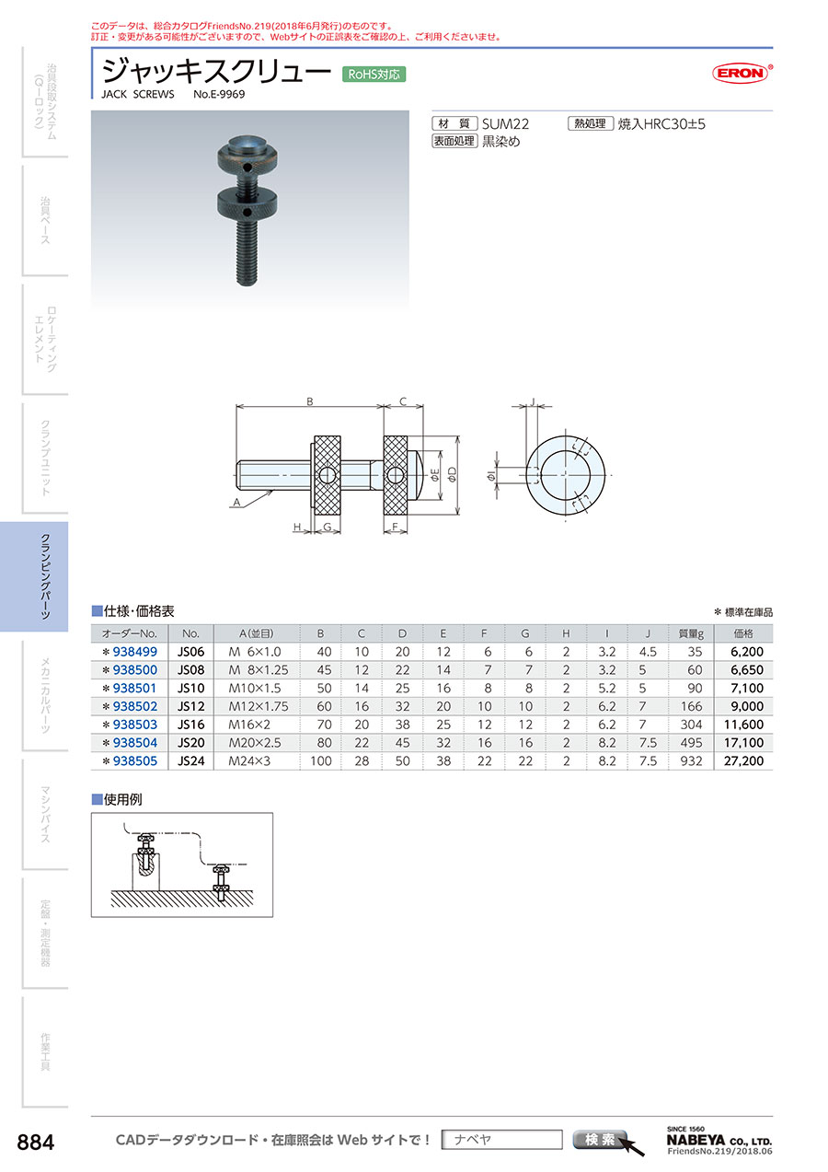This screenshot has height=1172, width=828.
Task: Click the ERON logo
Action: pos(742,74)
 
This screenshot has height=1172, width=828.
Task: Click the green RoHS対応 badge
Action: pos(374,75)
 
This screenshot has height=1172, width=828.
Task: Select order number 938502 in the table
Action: pos(135,706)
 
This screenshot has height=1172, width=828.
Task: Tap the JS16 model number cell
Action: pos(190,725)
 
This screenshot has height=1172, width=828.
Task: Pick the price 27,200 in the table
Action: pos(743,760)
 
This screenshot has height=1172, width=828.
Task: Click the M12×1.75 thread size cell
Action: pos(259,706)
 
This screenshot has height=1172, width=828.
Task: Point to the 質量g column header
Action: pos(691,633)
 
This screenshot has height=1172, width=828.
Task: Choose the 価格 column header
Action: pos(743,633)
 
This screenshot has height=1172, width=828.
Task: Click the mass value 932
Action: pos(691,760)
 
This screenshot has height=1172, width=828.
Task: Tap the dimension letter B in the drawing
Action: pos(310,401)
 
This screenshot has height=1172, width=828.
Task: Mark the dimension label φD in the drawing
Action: pos(452,474)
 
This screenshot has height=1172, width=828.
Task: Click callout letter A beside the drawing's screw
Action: pos(236,503)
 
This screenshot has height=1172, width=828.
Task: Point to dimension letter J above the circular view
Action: pos(533,401)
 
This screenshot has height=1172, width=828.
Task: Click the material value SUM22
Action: pos(505,124)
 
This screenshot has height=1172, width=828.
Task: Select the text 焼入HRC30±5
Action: pos(661,124)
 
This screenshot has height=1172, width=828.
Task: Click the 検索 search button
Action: pos(600,1139)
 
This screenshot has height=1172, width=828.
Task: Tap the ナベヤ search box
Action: pos(501,1140)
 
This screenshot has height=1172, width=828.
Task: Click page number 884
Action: pos(36,1143)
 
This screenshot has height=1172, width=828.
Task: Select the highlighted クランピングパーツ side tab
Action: pos(34,576)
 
